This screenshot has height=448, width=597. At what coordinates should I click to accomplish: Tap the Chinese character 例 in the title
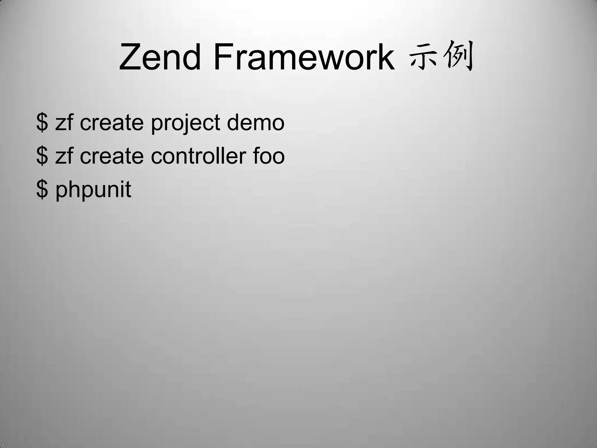(x=458, y=56)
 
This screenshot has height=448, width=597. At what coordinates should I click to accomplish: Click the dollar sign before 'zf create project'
(x=42, y=123)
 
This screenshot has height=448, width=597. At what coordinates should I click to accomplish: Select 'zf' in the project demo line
(x=64, y=123)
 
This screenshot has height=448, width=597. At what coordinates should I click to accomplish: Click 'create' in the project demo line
(x=112, y=123)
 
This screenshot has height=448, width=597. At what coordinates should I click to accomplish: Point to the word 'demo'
(x=255, y=123)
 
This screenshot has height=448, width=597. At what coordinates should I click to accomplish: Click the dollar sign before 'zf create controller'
(x=42, y=156)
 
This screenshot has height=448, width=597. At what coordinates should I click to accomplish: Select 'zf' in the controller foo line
(x=64, y=156)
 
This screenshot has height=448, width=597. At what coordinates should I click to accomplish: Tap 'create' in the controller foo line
(x=112, y=156)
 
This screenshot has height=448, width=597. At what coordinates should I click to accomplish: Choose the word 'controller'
(x=198, y=156)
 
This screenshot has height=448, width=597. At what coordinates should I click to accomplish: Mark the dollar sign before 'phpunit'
(x=42, y=190)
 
